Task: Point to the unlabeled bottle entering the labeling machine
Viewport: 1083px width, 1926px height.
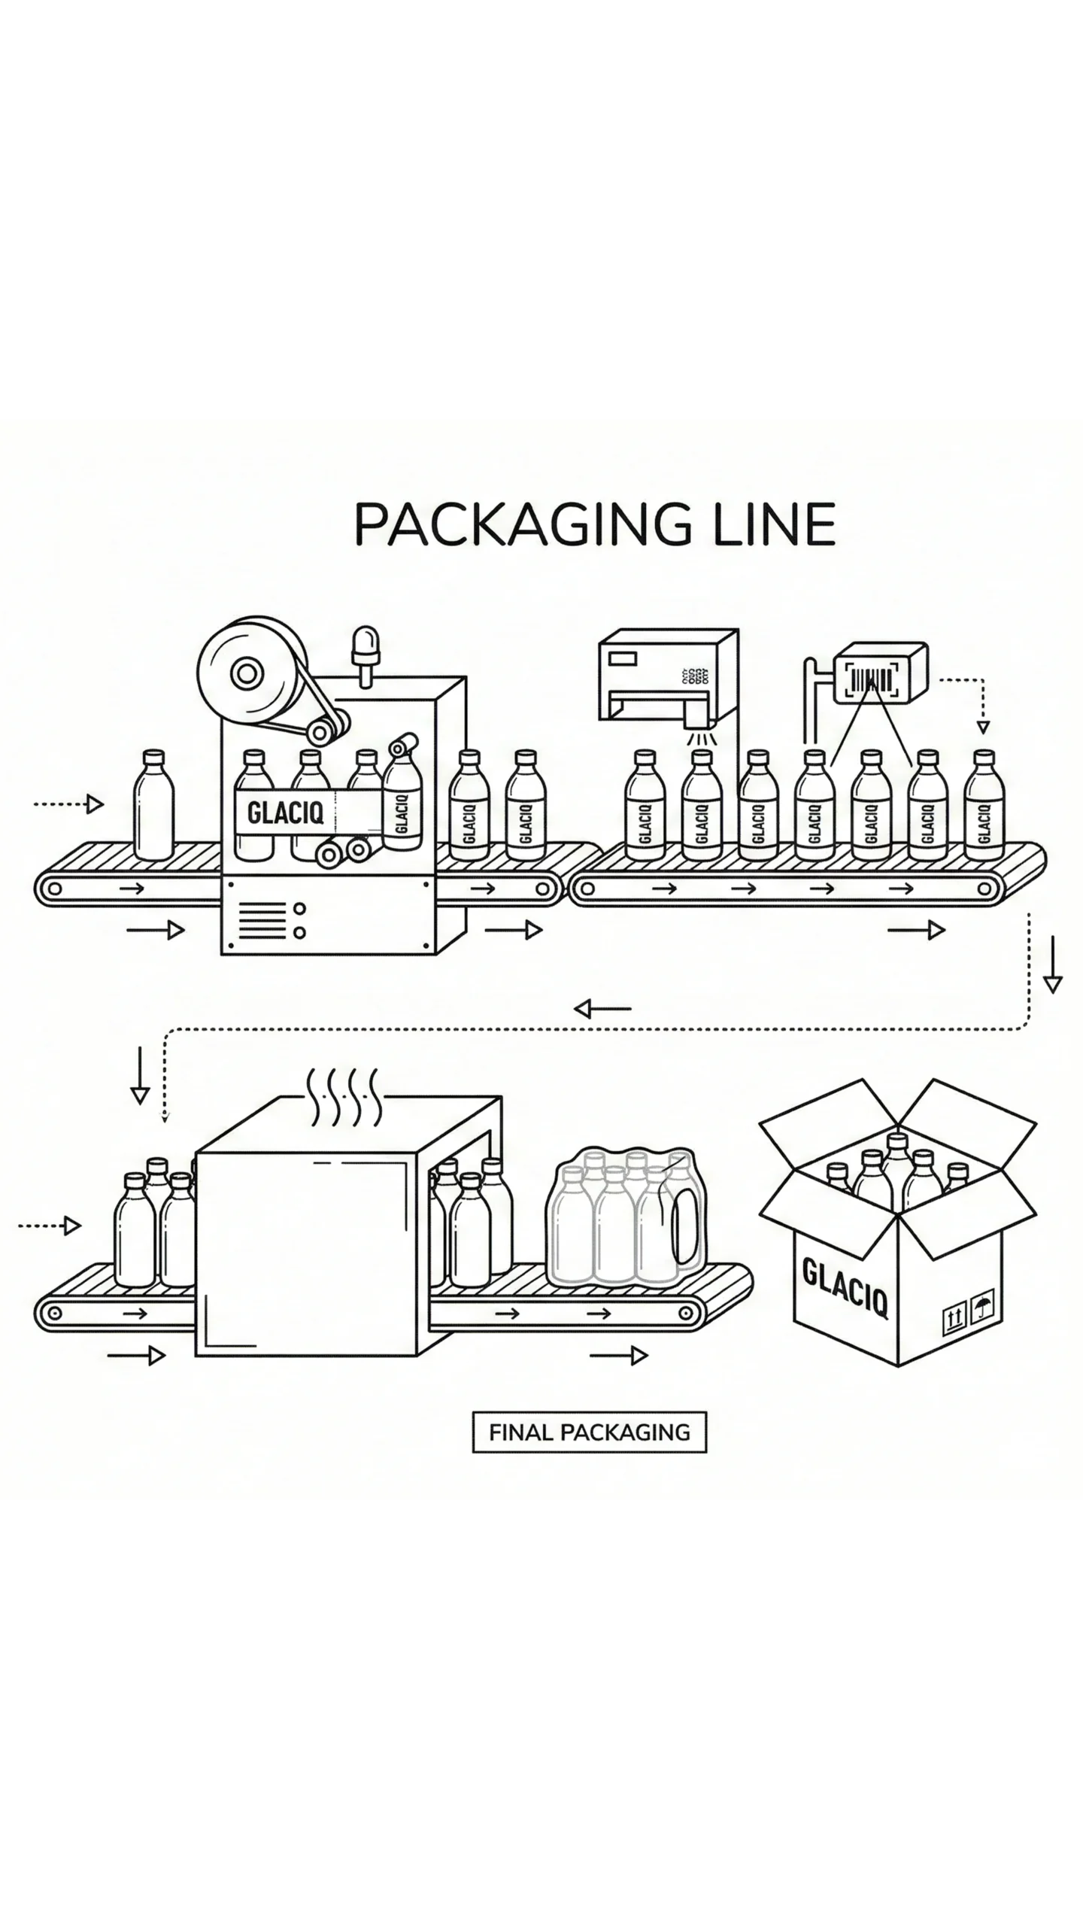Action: click(x=153, y=805)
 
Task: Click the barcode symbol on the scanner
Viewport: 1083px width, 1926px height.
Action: click(x=872, y=679)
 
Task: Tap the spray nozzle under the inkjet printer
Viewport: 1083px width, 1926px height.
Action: click(x=699, y=723)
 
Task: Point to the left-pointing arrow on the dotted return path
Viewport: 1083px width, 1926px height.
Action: click(x=602, y=1008)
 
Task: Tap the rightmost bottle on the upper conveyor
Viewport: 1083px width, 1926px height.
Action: click(x=985, y=805)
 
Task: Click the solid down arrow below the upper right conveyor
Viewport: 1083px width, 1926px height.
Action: click(x=1053, y=965)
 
